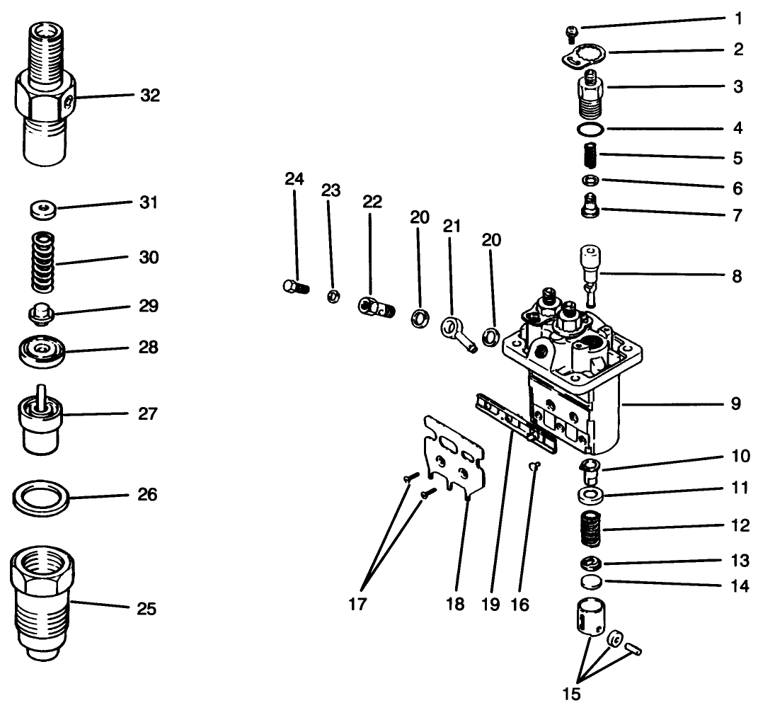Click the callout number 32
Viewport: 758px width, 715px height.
pyautogui.click(x=149, y=96)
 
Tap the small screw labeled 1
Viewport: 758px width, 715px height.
pyautogui.click(x=570, y=32)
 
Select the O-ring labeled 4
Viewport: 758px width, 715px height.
pyautogui.click(x=590, y=129)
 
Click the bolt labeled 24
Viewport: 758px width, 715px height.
pyautogui.click(x=292, y=287)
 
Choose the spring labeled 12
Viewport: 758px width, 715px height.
pyautogui.click(x=590, y=529)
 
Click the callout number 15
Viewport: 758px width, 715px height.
pyautogui.click(x=571, y=694)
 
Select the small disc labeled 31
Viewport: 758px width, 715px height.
pyautogui.click(x=43, y=209)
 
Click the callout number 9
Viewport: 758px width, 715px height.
pyautogui.click(x=736, y=404)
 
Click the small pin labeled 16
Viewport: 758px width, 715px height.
pyautogui.click(x=536, y=465)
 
